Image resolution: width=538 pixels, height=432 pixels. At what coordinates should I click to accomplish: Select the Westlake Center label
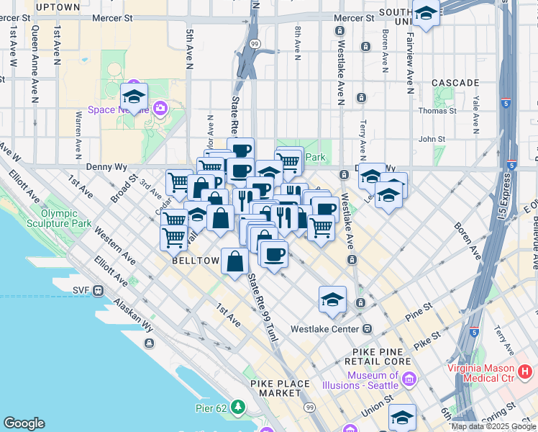click(324, 329)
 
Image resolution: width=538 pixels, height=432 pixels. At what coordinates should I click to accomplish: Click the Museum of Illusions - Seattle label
click(373, 380)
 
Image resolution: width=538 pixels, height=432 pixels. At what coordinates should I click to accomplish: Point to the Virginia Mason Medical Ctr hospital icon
click(526, 372)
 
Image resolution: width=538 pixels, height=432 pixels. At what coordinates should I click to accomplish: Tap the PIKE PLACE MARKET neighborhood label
click(275, 388)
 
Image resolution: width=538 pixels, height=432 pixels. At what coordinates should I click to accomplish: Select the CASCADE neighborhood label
click(455, 83)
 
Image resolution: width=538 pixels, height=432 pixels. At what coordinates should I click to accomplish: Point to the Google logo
click(24, 423)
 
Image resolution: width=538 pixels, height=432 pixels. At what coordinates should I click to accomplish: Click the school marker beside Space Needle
click(134, 97)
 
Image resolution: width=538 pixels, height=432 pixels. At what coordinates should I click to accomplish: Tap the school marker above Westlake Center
click(332, 299)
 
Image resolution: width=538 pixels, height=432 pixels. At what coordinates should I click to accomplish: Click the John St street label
click(433, 139)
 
